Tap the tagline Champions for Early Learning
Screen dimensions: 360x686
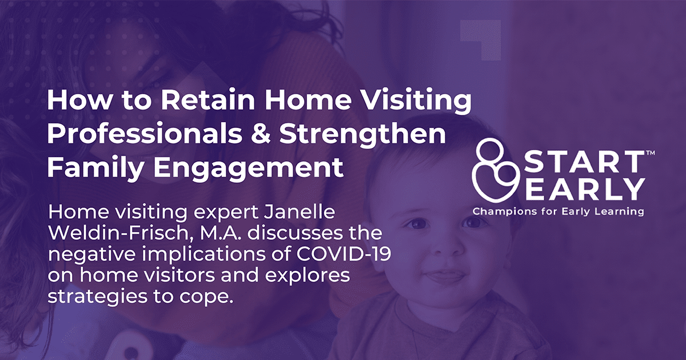558,211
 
